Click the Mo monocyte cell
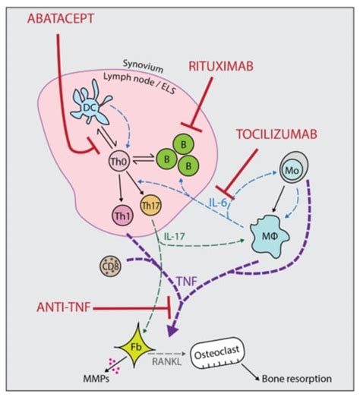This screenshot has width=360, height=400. pos(299,172)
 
